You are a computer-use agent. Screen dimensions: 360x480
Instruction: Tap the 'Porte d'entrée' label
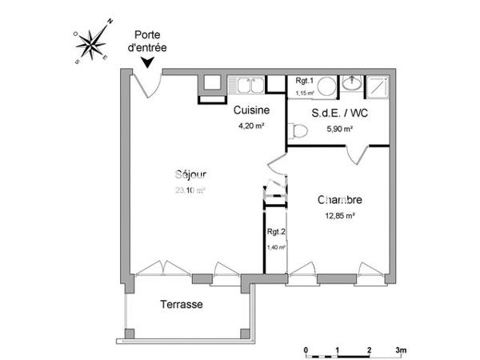pos(147,41)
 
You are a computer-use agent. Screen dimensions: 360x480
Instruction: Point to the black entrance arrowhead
pos(147,63)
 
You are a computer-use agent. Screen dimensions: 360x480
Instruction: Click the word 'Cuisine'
pos(251,110)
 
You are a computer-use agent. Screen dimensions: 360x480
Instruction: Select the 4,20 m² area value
pos(251,125)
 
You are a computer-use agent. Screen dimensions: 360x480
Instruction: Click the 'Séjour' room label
pos(190,175)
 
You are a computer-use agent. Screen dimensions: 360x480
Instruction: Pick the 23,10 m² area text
pos(190,190)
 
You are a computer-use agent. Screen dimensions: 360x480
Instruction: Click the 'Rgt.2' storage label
pos(277,233)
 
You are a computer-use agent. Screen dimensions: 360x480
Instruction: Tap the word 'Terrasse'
pos(182,305)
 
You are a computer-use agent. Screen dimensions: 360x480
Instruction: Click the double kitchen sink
pos(246,83)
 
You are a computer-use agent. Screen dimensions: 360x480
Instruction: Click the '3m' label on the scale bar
pos(401,350)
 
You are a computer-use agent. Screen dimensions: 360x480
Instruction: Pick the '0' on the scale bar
pos(306,350)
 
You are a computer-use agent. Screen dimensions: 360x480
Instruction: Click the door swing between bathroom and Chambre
pos(358,154)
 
